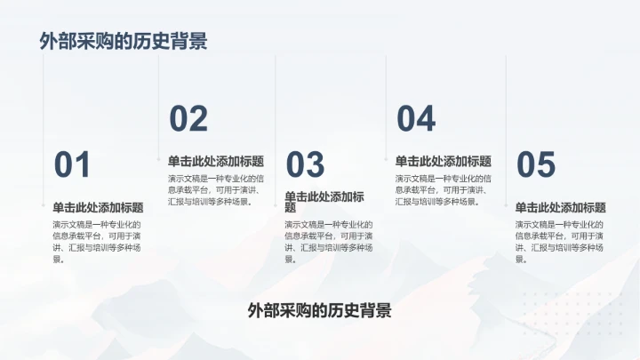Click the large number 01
click(x=73, y=165)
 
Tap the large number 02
click(x=188, y=119)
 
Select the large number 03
click(x=305, y=165)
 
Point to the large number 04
click(x=416, y=119)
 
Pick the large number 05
click(x=536, y=165)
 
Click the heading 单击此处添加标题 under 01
click(x=98, y=207)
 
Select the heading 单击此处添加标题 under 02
click(x=216, y=161)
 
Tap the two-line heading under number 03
click(x=324, y=202)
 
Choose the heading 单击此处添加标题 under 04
click(x=444, y=161)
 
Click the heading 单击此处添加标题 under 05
click(x=561, y=207)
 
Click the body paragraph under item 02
click(x=212, y=190)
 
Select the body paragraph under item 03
click(x=329, y=242)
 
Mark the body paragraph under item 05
click(x=560, y=242)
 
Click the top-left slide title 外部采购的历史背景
click(x=124, y=42)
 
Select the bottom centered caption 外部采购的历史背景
click(x=320, y=310)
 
